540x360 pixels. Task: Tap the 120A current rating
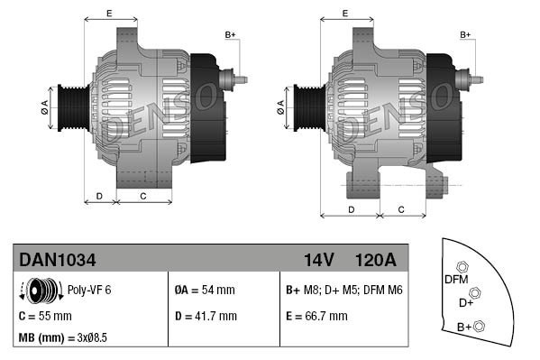[375, 260]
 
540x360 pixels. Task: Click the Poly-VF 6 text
[90, 290]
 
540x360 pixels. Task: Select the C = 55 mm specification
[45, 316]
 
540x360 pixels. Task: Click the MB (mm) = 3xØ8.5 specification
[63, 339]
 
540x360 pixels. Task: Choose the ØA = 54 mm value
[205, 290]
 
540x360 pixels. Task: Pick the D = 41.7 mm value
[206, 316]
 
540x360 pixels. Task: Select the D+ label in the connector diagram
[466, 303]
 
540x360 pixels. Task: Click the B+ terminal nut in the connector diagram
[479, 326]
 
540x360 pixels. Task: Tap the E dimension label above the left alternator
[108, 13]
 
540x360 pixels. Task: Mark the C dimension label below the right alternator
[402, 208]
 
